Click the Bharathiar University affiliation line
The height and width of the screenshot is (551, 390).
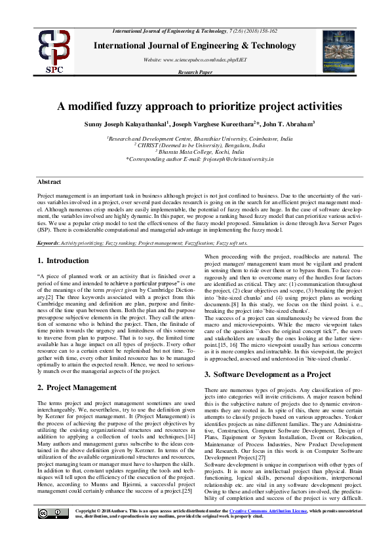pyautogui.click(x=199, y=139)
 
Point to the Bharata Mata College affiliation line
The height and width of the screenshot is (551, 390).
pyautogui.click(x=199, y=152)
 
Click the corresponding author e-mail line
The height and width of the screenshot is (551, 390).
pyautogui.click(x=199, y=159)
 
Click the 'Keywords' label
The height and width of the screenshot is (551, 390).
pyautogui.click(x=48, y=243)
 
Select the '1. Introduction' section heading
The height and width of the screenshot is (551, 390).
pyautogui.click(x=63, y=261)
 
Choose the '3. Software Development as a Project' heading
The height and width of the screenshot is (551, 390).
pyautogui.click(x=267, y=374)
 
